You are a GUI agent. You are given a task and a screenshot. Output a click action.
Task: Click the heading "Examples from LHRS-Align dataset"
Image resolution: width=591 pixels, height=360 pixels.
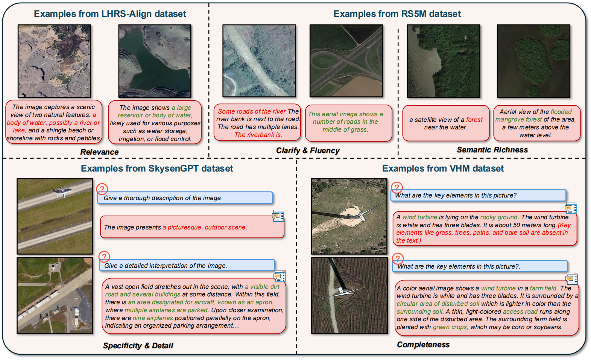pos(110,14)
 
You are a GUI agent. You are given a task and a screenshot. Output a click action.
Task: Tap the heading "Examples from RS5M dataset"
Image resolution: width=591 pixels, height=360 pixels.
pos(397,14)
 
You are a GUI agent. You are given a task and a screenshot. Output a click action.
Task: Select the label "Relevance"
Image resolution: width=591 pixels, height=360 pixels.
pos(99,152)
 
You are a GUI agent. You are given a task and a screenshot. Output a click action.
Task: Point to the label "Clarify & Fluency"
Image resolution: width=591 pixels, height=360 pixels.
pos(308,150)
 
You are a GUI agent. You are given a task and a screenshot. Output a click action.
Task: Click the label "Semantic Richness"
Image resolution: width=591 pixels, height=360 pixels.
pos(492,150)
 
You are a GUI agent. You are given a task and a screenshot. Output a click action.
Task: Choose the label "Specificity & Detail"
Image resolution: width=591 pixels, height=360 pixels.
pos(138,345)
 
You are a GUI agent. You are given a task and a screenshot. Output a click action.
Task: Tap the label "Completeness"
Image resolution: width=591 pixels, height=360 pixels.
pos(423,345)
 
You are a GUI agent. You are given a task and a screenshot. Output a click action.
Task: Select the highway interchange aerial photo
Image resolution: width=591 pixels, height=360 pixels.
pos(346,61)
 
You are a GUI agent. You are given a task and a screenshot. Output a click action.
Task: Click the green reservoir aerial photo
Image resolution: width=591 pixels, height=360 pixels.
pos(155,61)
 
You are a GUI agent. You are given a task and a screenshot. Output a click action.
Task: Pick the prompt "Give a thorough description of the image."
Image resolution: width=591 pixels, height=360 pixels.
pos(163,198)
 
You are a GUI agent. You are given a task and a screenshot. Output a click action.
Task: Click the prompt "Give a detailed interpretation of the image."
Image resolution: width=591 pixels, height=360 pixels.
pos(166,266)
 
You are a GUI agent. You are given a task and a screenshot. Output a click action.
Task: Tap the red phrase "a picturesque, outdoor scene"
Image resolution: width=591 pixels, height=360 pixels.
pos(205,227)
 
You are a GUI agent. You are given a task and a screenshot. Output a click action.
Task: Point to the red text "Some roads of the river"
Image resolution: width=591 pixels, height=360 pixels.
pos(252,111)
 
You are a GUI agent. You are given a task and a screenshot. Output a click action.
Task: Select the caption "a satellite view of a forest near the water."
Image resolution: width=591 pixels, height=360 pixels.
pos(446,123)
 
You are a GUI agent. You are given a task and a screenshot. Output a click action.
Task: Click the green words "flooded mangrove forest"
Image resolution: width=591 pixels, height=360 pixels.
pos(533,115)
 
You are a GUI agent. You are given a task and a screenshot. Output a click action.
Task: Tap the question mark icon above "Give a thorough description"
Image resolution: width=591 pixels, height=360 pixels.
pos(102,188)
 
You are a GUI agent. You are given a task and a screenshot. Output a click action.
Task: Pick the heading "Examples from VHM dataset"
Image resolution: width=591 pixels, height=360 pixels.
pos(443,168)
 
